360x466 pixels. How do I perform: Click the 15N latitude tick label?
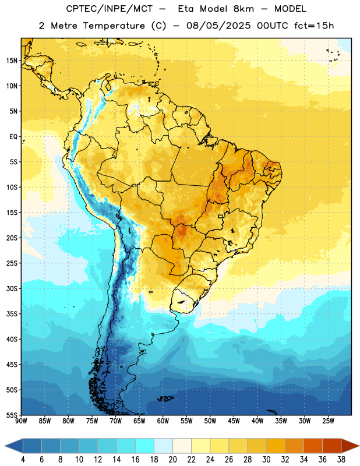point(12,61)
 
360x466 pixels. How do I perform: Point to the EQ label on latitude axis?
point(13,137)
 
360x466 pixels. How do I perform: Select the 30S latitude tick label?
point(12,288)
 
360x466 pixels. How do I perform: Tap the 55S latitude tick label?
point(12,415)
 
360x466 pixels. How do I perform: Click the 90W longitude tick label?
point(21,421)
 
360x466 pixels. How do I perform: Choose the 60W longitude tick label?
point(163,421)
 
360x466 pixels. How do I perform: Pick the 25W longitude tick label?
point(328,421)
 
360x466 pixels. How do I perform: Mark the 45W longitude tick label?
point(234,421)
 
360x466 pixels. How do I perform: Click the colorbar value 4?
point(23,460)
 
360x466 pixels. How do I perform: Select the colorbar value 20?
point(172,460)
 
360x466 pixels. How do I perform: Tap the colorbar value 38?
point(341,460)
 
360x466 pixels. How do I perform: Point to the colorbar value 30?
point(266,460)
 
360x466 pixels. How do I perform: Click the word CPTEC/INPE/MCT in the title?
point(110,9)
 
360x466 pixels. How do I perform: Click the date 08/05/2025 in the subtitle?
point(218,26)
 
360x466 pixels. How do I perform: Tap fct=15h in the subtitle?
point(314,26)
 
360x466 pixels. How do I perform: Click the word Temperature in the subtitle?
point(114,26)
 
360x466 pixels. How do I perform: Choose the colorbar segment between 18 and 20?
point(163,446)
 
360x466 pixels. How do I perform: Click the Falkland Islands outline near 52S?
point(165,398)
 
